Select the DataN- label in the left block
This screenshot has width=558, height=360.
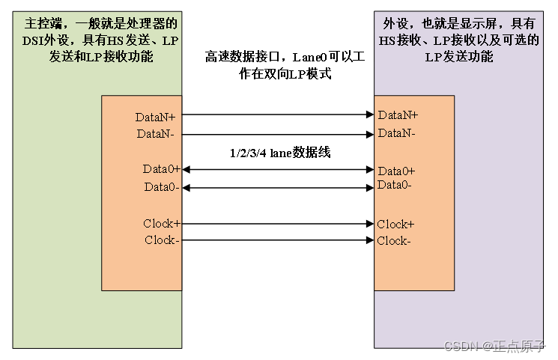[157, 133]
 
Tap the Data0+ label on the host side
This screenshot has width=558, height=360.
[162, 169]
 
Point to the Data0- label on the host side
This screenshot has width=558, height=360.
[162, 187]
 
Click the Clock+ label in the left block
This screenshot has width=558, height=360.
[162, 224]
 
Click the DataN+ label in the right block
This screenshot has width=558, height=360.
[398, 115]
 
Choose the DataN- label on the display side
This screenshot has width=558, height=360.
[397, 133]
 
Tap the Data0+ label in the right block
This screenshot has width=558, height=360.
[396, 171]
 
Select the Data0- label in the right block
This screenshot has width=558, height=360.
[395, 185]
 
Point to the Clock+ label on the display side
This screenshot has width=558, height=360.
[395, 225]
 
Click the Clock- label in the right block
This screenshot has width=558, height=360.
[394, 241]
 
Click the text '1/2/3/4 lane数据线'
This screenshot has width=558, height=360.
[279, 153]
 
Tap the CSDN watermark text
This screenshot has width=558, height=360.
[495, 347]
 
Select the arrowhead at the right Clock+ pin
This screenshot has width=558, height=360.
[369, 224]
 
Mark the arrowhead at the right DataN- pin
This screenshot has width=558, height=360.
[369, 134]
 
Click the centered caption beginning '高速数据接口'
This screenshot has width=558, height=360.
[278, 66]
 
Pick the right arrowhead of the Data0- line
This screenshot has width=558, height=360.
[369, 187]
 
